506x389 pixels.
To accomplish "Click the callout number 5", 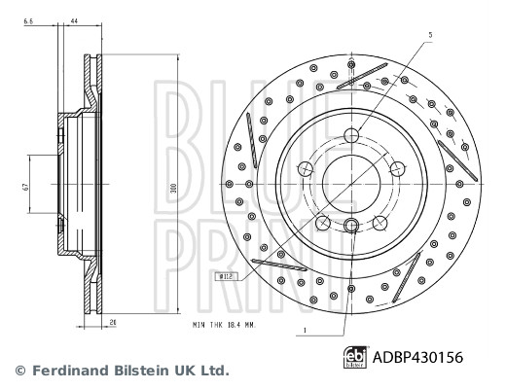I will pos(428,34).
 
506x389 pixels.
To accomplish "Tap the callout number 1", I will pos(305,332).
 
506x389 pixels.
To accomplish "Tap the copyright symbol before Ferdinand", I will pos(17,371).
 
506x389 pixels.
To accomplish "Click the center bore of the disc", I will pos(351,179).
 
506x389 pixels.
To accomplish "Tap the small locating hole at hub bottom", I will pos(352,227).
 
